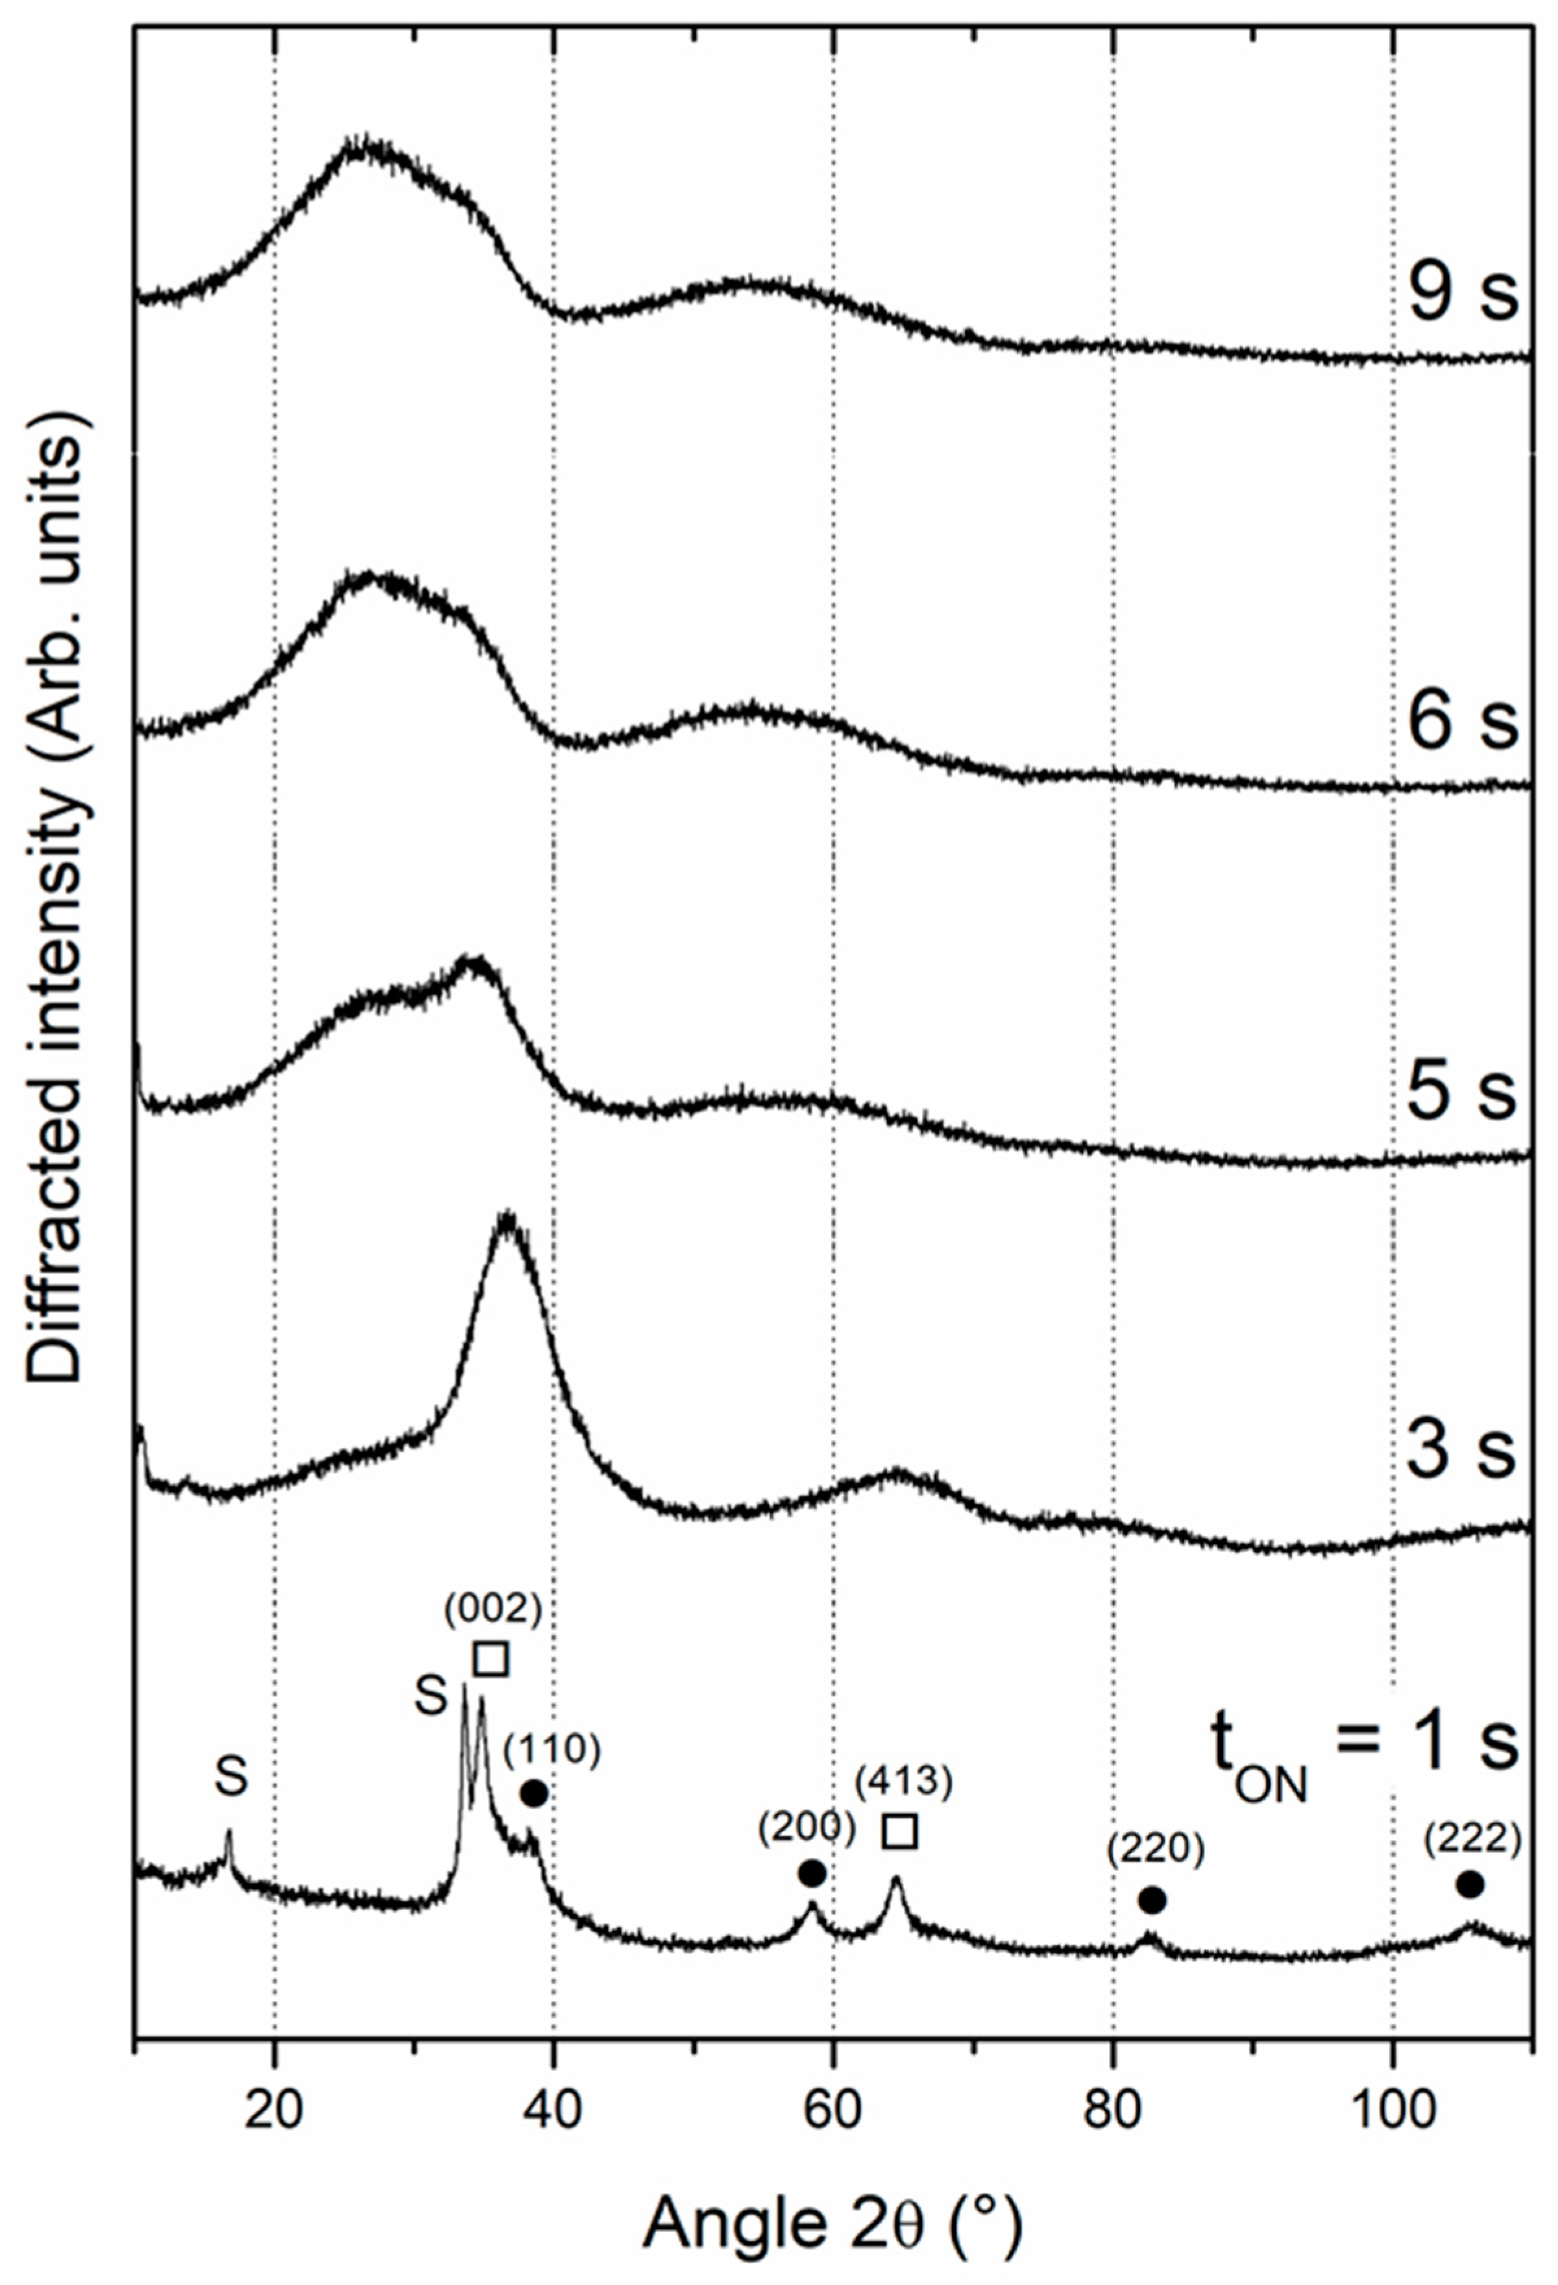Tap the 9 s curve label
1463,293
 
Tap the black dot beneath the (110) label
533,1793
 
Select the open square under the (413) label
900,1832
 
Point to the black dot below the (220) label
1152,1900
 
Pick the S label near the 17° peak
231,1776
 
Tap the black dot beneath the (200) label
812,1873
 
